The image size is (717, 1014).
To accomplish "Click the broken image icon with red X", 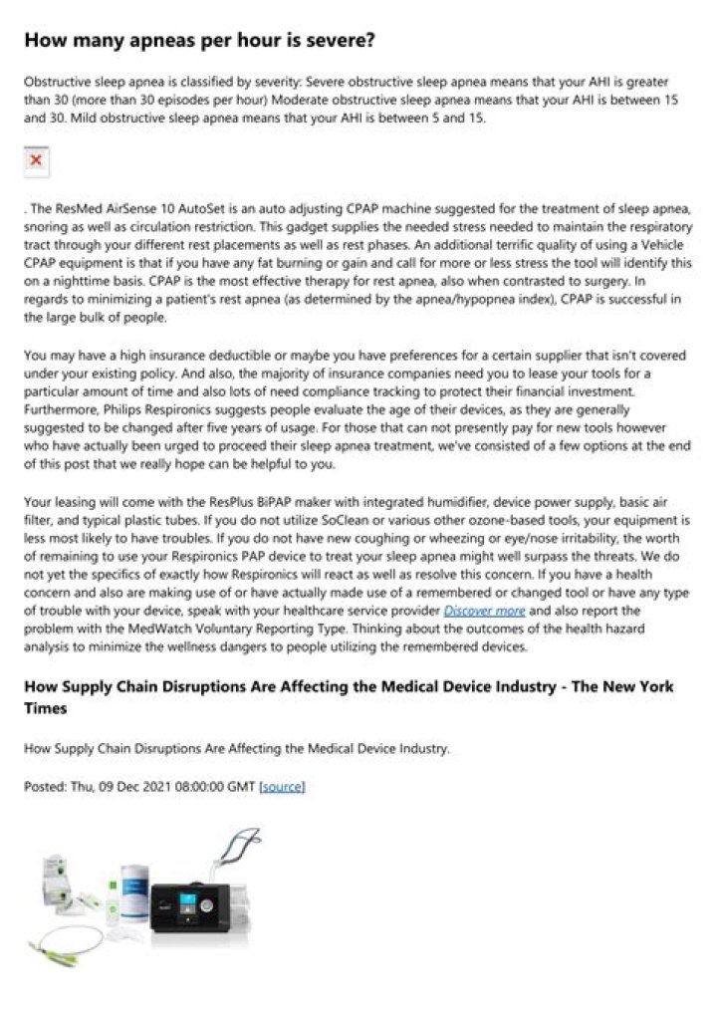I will pos(37,159).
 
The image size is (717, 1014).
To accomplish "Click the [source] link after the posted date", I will pos(282,786).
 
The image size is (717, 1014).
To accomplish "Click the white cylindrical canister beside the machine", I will pos(131,891).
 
